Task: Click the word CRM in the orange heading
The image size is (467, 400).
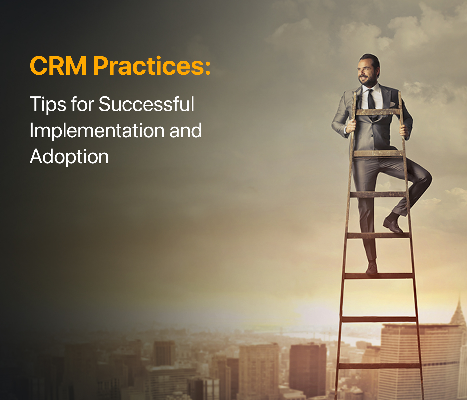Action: pyautogui.click(x=58, y=66)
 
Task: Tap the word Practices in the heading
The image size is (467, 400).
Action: pyautogui.click(x=148, y=66)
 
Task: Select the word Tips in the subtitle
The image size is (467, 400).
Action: pyautogui.click(x=48, y=104)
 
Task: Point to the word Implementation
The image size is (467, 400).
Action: pyautogui.click(x=97, y=130)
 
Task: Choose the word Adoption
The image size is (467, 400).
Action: pyautogui.click(x=69, y=156)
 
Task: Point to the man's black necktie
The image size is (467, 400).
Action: pyautogui.click(x=371, y=102)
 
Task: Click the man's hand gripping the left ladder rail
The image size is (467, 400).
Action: pyautogui.click(x=351, y=126)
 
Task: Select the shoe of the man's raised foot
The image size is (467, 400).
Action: pyautogui.click(x=393, y=224)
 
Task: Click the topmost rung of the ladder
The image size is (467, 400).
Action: pyautogui.click(x=377, y=112)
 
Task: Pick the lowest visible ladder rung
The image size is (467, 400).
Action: pyautogui.click(x=379, y=366)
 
